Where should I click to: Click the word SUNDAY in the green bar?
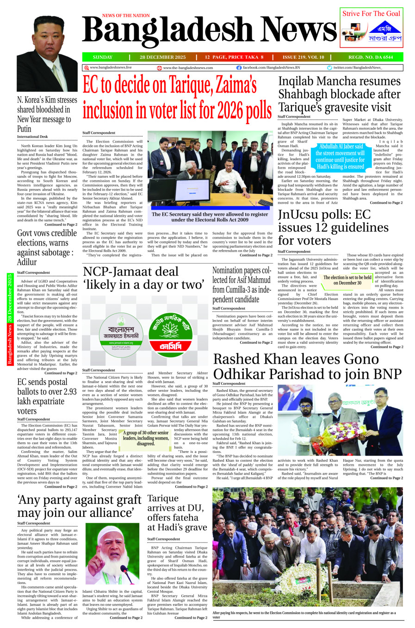point(102,57)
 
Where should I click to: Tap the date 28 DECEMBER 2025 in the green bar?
point(162,57)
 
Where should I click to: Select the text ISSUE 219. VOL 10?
point(303,57)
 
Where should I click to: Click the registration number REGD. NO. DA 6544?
point(371,57)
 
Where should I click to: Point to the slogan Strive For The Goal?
point(371,14)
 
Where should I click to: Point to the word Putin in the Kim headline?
point(24,129)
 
